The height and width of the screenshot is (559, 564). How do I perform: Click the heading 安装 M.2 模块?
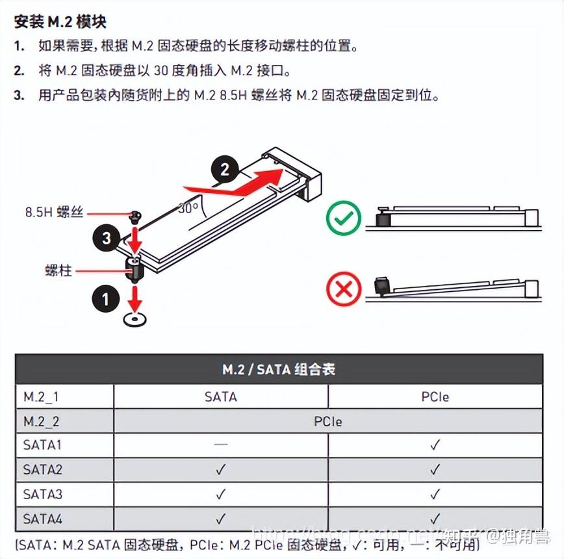point(60,21)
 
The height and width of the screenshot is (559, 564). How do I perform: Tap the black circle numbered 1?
point(106,299)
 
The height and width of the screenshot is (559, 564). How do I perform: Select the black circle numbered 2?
point(225,170)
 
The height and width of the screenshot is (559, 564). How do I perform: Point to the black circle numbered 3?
point(107,238)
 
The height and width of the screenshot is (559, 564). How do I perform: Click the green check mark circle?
point(343,218)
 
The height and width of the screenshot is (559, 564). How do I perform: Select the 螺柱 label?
point(58,270)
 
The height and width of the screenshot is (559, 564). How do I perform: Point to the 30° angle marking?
point(188,209)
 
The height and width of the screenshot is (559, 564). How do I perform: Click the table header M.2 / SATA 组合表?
point(279,370)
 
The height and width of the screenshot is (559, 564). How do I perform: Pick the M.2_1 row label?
point(41,396)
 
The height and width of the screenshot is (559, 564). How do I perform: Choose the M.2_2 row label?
point(42,421)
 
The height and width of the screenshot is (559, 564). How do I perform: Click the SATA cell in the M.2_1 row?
point(221,396)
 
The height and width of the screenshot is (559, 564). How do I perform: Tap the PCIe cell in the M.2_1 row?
point(435,396)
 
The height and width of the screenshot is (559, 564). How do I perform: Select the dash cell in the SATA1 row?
point(221,445)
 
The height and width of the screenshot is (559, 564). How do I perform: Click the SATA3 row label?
point(43,494)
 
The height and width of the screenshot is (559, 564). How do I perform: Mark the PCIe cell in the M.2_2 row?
point(327,421)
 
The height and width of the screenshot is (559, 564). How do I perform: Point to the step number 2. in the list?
point(19,71)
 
